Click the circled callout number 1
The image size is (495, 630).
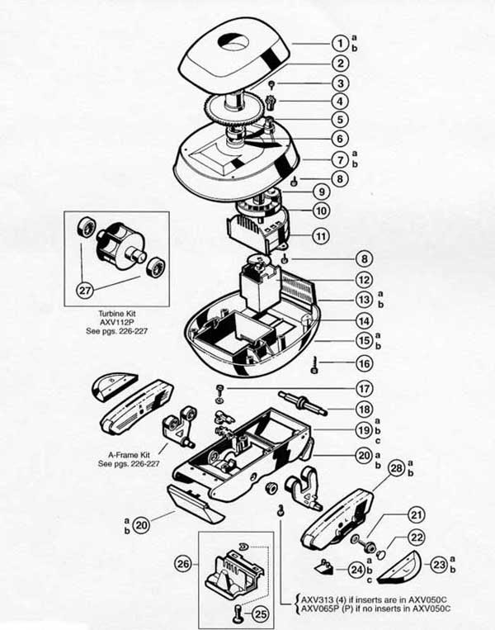[x=340, y=43]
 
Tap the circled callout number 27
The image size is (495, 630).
[x=85, y=289]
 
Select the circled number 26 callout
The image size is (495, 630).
[x=183, y=564]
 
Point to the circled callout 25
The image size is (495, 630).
[x=261, y=613]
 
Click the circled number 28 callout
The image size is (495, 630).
[x=397, y=468]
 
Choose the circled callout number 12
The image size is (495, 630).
[x=364, y=280]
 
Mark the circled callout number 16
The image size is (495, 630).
[x=364, y=363]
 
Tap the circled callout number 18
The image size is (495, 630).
[x=364, y=409]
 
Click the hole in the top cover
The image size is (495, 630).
[x=233, y=42]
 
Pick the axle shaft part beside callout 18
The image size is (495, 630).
[x=303, y=402]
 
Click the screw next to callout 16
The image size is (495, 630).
[x=314, y=365]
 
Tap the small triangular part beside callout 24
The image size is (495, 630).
[x=325, y=566]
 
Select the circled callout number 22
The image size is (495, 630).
[x=417, y=537]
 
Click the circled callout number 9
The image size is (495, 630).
[x=321, y=192]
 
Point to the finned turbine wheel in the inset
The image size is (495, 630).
[x=119, y=246]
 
